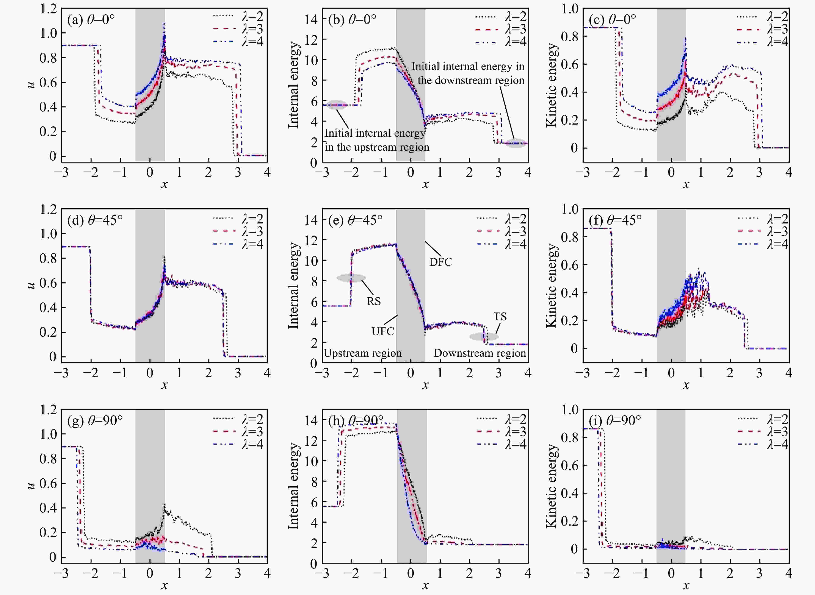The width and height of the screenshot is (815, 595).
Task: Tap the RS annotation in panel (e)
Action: [374, 301]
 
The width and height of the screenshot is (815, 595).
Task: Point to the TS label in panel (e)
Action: [500, 317]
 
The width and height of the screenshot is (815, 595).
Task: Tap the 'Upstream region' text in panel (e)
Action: [362, 353]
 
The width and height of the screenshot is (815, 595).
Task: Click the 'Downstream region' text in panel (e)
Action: [480, 353]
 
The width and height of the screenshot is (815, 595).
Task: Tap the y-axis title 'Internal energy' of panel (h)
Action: [294, 486]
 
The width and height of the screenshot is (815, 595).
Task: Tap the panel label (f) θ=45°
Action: [615, 220]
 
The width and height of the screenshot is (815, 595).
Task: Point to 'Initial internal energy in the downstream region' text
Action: [468, 73]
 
